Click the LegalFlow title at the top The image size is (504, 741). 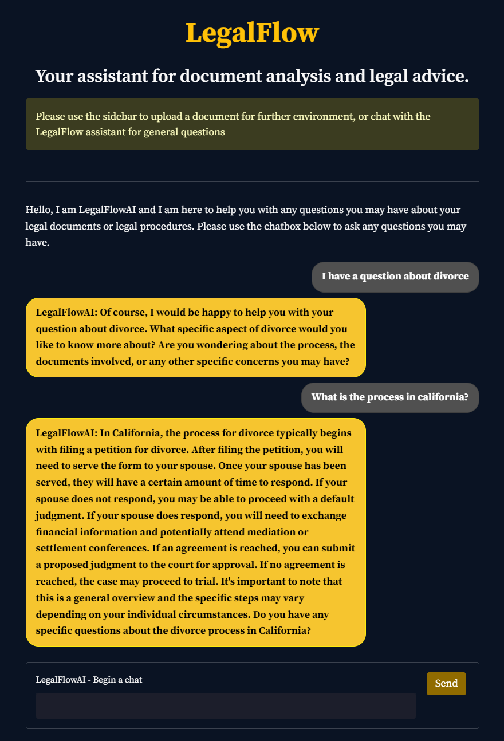252,33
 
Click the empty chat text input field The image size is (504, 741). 226,705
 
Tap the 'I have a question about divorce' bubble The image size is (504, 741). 395,277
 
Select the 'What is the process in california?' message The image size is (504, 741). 390,397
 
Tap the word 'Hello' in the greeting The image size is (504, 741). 38,210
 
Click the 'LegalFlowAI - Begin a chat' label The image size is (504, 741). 89,680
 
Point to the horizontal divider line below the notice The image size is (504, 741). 252,181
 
